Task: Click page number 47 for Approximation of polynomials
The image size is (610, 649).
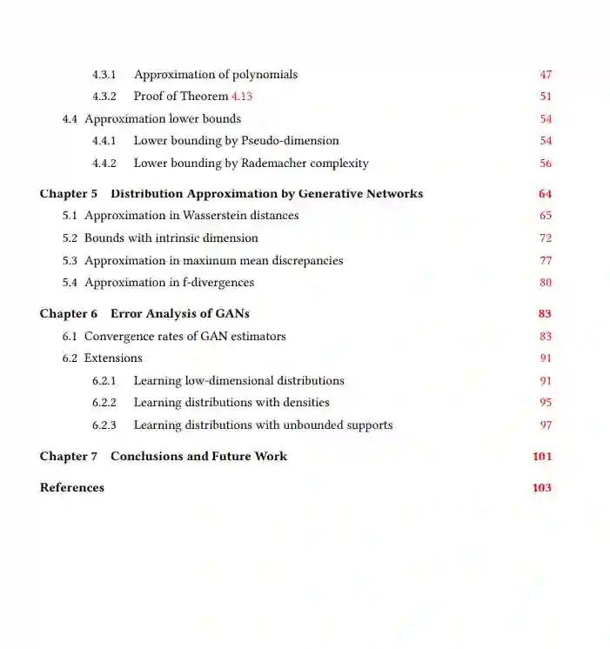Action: pyautogui.click(x=546, y=75)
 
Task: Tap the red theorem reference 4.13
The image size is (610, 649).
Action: pyautogui.click(x=241, y=97)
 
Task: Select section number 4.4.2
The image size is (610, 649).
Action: pyautogui.click(x=104, y=164)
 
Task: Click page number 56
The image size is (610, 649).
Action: pyautogui.click(x=546, y=164)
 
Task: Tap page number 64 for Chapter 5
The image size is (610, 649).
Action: pyautogui.click(x=545, y=194)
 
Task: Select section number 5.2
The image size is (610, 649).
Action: pyautogui.click(x=70, y=238)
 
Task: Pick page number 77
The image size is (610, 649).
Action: pyautogui.click(x=546, y=260)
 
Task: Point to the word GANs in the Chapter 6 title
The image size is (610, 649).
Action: pyautogui.click(x=233, y=313)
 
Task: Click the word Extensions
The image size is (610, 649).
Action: pyautogui.click(x=113, y=358)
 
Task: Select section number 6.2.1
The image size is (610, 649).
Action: pyautogui.click(x=104, y=381)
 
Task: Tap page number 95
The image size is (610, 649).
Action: pyautogui.click(x=546, y=403)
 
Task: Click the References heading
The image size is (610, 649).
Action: pyautogui.click(x=72, y=488)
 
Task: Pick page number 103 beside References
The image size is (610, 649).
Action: pyautogui.click(x=542, y=488)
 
